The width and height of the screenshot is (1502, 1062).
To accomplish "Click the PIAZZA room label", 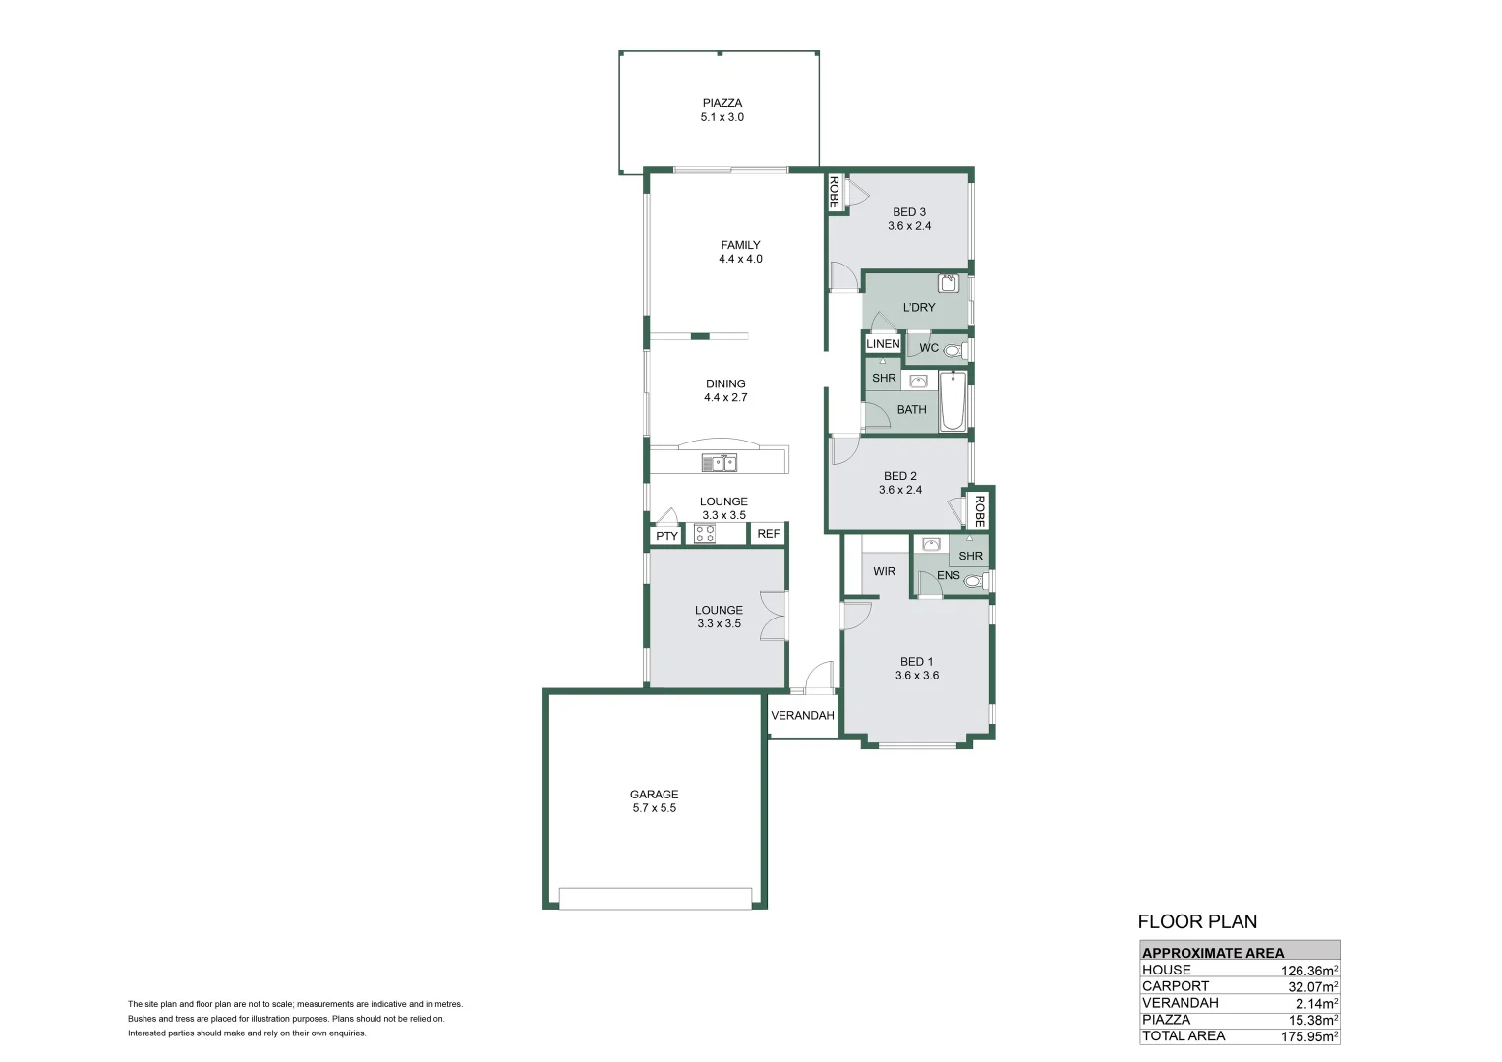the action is [x=722, y=103].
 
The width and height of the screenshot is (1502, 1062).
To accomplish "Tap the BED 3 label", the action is [x=908, y=212].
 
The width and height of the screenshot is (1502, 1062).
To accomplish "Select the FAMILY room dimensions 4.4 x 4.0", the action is [x=740, y=259].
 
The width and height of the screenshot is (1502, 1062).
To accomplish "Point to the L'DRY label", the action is [x=919, y=307].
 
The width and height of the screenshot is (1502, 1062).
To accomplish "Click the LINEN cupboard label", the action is [x=883, y=344].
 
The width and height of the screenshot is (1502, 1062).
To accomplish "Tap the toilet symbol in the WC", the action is [x=954, y=349].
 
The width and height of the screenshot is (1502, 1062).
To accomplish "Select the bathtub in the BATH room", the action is [x=953, y=400].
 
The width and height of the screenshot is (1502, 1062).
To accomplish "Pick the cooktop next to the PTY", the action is [x=704, y=533].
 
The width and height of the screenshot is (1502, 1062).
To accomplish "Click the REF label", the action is [x=769, y=534].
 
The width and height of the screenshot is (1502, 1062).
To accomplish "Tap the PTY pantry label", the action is [x=666, y=536].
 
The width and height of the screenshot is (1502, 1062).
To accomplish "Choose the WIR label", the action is [x=884, y=571].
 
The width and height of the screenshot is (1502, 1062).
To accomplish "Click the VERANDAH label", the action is [x=803, y=715].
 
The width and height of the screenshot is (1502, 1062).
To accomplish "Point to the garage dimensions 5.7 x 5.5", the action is [x=655, y=808].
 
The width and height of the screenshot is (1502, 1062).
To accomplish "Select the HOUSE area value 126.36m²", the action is [x=1309, y=971].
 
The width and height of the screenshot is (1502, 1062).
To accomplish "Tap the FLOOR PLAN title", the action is [x=1197, y=921].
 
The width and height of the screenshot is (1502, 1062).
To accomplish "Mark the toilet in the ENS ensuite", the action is [x=976, y=581].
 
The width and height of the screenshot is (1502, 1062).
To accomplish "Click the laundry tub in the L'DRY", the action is [x=948, y=283].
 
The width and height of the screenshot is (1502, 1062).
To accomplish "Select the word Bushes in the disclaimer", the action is [x=141, y=1019].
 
